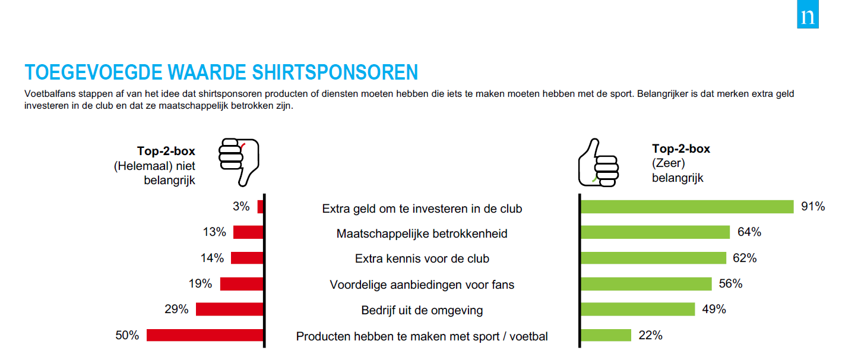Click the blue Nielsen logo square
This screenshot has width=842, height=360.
point(808,14)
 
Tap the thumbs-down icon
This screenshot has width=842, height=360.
point(239,162)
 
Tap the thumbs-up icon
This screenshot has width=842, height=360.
point(598,163)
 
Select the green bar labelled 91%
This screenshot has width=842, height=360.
point(687,207)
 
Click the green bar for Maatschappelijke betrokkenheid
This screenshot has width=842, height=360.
point(655,232)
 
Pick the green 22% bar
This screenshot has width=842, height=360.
point(606,335)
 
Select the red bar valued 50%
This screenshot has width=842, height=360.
point(205,335)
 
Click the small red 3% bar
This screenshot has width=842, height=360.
point(260,207)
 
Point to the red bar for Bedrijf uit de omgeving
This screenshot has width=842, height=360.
point(229,309)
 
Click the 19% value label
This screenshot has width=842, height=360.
point(200,283)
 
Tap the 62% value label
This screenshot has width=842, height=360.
point(745,258)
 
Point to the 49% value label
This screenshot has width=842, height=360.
point(714,310)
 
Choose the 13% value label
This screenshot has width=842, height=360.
point(214,232)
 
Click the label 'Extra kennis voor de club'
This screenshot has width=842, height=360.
point(422,259)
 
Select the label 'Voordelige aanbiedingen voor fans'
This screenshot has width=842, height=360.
point(422,285)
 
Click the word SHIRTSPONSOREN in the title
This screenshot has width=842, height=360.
point(335,72)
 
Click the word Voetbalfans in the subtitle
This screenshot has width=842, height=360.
point(50,94)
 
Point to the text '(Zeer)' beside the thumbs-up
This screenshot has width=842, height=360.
point(669,163)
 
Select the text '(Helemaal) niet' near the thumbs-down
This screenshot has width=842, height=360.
point(154,166)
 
